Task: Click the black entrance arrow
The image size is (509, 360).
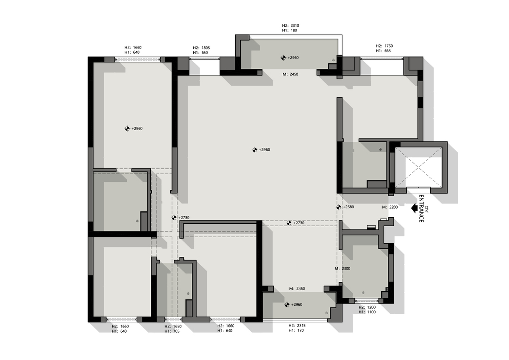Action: (x=414, y=208)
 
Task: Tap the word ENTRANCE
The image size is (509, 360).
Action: (x=421, y=209)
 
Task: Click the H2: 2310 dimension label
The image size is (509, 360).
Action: (x=290, y=25)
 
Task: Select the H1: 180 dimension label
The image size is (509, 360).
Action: (x=289, y=30)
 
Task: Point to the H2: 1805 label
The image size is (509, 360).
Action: (x=201, y=48)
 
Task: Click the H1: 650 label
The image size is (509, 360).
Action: (x=200, y=53)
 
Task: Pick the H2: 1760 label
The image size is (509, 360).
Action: (x=385, y=46)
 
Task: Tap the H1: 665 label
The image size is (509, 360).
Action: (x=383, y=50)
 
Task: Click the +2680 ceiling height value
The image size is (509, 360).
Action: (x=348, y=207)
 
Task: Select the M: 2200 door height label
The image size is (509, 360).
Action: (x=390, y=207)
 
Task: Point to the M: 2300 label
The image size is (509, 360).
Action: (x=343, y=269)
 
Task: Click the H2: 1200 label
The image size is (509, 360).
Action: (x=367, y=307)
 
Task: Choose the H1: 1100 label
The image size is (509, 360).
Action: (x=367, y=312)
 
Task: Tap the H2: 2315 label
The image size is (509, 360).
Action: (x=297, y=326)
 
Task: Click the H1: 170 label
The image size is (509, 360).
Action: (x=296, y=330)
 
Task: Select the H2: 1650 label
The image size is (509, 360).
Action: (x=173, y=326)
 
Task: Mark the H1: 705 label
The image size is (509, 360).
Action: (x=172, y=331)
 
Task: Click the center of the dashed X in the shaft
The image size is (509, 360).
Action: (x=419, y=167)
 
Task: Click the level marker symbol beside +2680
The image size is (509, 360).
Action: (x=338, y=207)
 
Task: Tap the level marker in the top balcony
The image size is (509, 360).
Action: (x=283, y=58)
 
